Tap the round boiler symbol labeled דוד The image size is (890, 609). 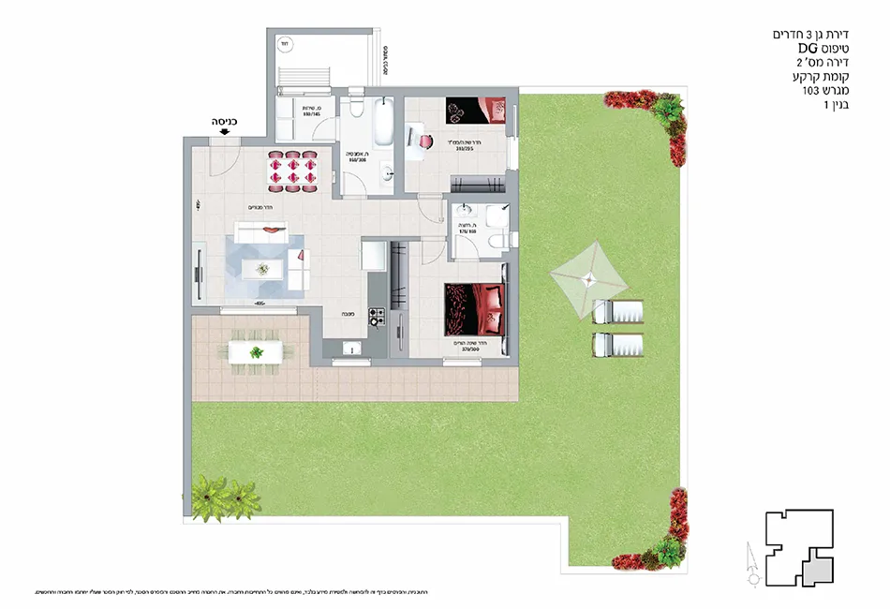pos(283,43)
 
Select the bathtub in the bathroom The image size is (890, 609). pos(385,121)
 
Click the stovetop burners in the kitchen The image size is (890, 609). pos(378,316)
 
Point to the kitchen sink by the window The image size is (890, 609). pos(354,349)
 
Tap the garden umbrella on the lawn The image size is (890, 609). pos(586,277)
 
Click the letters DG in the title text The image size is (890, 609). pos(808,48)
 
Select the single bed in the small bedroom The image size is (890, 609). pos(478,111)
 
